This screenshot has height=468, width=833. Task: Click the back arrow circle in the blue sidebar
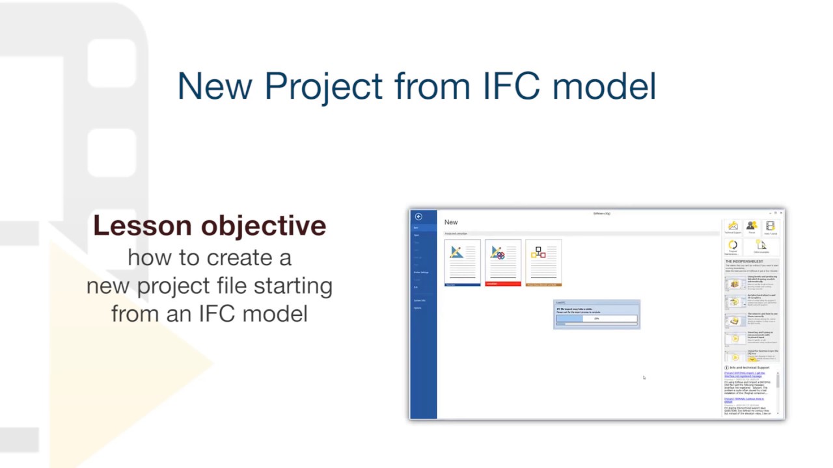coord(418,216)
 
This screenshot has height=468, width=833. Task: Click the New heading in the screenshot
coord(451,222)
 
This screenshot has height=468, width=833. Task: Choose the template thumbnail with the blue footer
coord(463,263)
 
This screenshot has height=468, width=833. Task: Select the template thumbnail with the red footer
coord(502,263)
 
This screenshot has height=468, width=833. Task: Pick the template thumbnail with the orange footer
coord(543,263)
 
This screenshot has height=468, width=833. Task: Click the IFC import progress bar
coord(597,318)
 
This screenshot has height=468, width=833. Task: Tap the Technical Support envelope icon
coord(733,226)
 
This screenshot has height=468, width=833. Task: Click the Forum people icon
coord(751,226)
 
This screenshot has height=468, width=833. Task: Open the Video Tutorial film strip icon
coord(770,226)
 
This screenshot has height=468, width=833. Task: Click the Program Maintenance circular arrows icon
coord(733,246)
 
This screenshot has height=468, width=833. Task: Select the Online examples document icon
coord(761,245)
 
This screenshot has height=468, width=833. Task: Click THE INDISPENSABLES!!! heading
coord(744,261)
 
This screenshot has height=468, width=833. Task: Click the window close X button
coord(781,213)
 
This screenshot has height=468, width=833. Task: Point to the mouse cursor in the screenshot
coord(644,377)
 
